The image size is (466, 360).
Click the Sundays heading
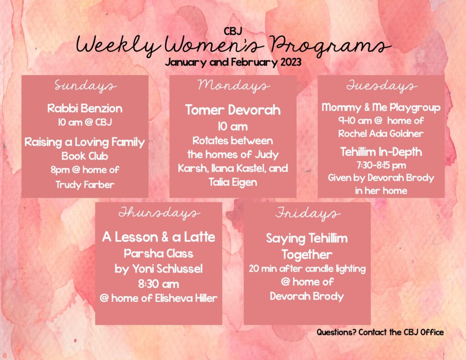[85, 86]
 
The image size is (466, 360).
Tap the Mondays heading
[233, 86]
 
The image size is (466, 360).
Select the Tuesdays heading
[381, 86]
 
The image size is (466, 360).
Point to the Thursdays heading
[159, 213]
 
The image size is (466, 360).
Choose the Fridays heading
[307, 213]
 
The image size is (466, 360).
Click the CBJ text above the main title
[233, 31]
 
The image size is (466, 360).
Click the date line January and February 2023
[233, 62]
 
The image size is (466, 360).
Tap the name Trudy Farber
[85, 184]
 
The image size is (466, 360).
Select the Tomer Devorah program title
[233, 110]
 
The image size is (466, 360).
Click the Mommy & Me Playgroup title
[381, 107]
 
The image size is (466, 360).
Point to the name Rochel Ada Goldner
[381, 134]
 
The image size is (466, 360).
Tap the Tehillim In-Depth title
[381, 152]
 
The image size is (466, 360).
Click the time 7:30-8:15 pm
[381, 165]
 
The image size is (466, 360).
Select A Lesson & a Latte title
[159, 237]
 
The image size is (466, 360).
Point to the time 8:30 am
[159, 284]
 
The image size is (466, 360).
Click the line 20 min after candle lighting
[307, 269]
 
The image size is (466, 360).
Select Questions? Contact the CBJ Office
[380, 332]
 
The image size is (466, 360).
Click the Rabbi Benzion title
[85, 108]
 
